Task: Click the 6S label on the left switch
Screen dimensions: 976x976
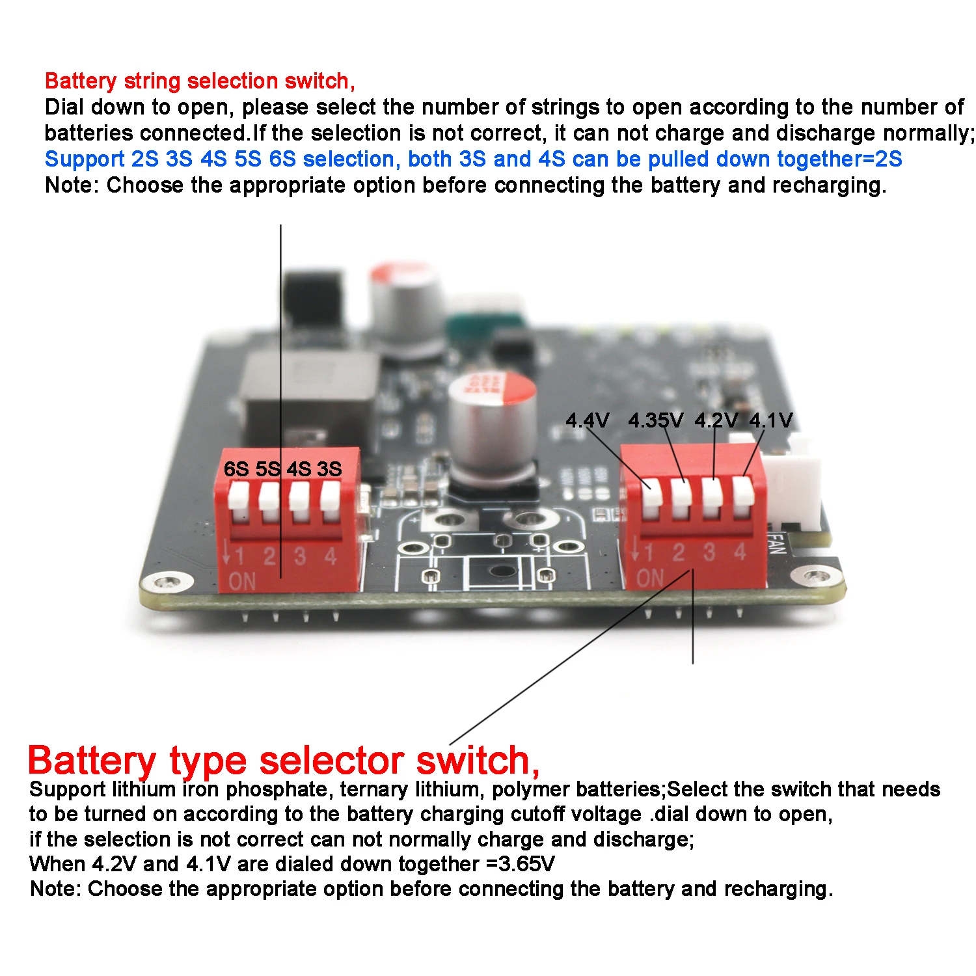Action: [x=236, y=468]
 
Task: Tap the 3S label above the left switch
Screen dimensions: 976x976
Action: [x=329, y=468]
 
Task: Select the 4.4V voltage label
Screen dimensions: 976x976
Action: [x=587, y=420]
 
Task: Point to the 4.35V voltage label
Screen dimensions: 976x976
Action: [x=655, y=420]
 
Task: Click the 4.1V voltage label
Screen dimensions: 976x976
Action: [x=771, y=420]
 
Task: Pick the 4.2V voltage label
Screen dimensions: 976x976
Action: [x=716, y=420]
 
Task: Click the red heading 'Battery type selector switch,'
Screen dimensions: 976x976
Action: [x=284, y=760]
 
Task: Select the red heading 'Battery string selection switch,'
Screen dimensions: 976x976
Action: [x=200, y=81]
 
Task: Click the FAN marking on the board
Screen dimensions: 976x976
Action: [x=776, y=544]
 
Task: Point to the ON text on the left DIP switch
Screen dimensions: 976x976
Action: [x=242, y=581]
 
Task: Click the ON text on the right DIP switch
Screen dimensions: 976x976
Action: [x=650, y=578]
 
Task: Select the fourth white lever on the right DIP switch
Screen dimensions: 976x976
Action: [x=742, y=496]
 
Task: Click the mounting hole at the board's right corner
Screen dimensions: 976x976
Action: [x=816, y=575]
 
